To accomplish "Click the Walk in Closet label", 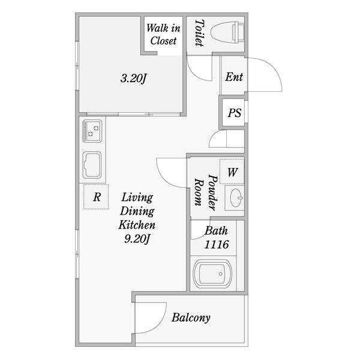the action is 163,34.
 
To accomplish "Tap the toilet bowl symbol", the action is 227,32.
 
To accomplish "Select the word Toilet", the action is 199,33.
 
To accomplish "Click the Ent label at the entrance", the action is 234,77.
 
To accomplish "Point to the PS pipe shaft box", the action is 234,113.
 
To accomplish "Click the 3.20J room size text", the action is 133,79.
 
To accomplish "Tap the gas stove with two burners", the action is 92,131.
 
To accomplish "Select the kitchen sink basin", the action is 92,165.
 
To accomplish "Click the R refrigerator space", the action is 96,197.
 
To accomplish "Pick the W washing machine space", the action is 232,172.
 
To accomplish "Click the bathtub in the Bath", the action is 212,274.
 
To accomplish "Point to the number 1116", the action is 217,244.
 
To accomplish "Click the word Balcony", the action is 191,318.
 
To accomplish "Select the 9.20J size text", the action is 137,239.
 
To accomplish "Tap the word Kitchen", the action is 137,225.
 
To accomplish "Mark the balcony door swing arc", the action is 158,324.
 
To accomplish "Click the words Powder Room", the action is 206,193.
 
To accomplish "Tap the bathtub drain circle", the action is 220,274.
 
